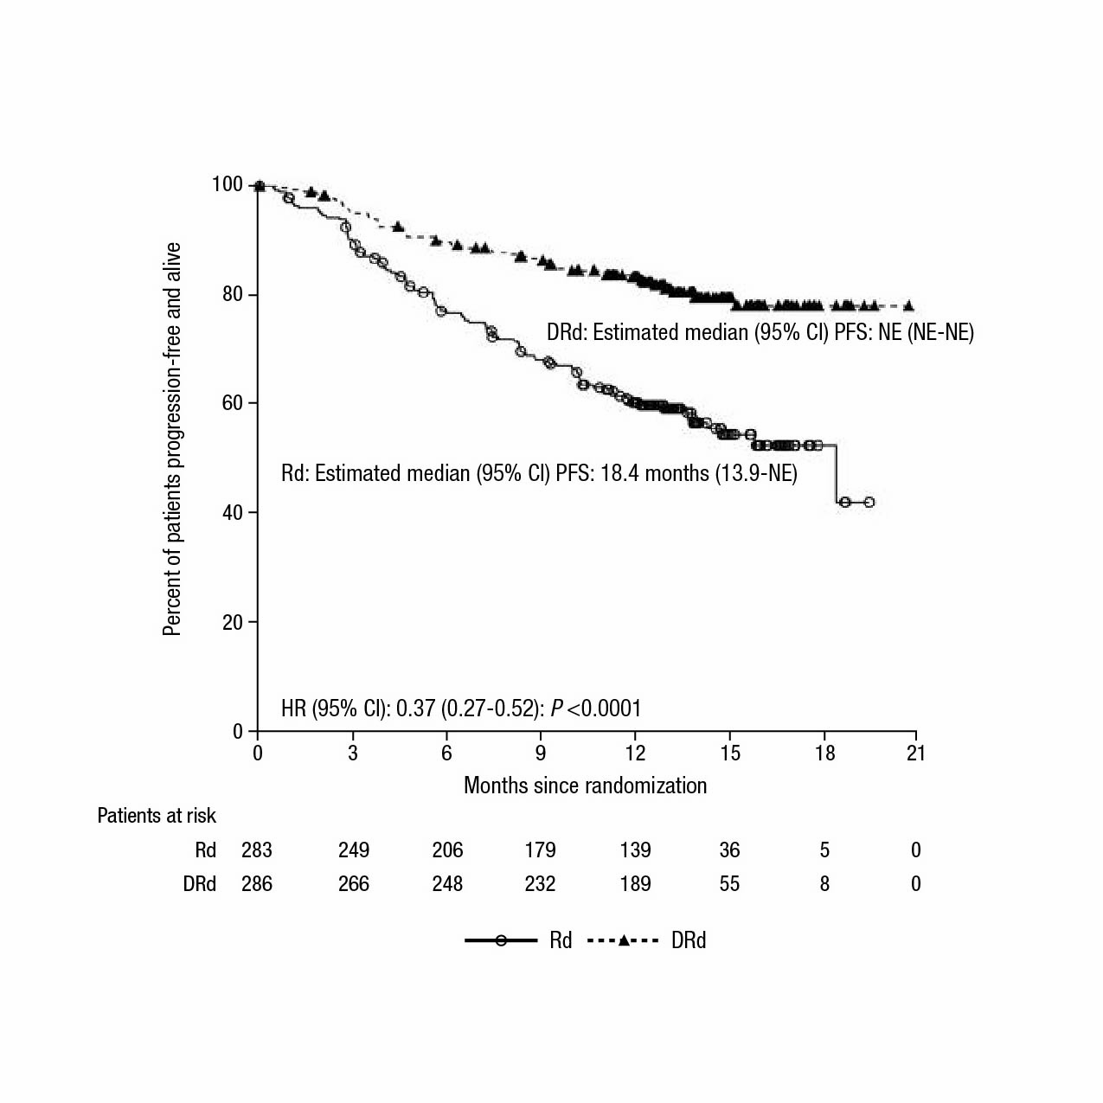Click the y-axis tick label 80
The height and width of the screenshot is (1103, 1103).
[233, 294]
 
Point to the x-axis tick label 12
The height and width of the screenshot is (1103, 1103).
[635, 754]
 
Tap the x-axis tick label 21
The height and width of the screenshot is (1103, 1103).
[916, 754]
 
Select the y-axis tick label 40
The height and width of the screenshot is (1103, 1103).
[233, 513]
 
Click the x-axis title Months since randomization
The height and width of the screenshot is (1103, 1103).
[585, 786]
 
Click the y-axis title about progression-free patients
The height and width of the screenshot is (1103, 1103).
[172, 439]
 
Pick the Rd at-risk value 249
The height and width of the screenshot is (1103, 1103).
[353, 850]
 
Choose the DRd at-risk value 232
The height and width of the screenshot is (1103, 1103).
[540, 884]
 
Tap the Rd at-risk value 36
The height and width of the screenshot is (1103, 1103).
[729, 850]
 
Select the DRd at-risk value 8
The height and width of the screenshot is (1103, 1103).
[824, 884]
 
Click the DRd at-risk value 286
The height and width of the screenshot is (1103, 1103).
[257, 884]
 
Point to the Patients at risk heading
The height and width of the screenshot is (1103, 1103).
[157, 816]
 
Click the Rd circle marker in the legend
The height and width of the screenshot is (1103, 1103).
[501, 940]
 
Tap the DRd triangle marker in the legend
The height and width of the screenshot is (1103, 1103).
[623, 940]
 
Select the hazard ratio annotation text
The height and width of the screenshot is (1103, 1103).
[461, 709]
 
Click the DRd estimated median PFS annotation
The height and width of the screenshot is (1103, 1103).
[760, 333]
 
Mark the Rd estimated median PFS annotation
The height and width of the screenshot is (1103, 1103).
[539, 473]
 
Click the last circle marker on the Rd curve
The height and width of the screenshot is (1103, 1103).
[869, 502]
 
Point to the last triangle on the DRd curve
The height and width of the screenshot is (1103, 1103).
[908, 305]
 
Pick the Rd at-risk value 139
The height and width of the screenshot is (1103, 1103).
[635, 850]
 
